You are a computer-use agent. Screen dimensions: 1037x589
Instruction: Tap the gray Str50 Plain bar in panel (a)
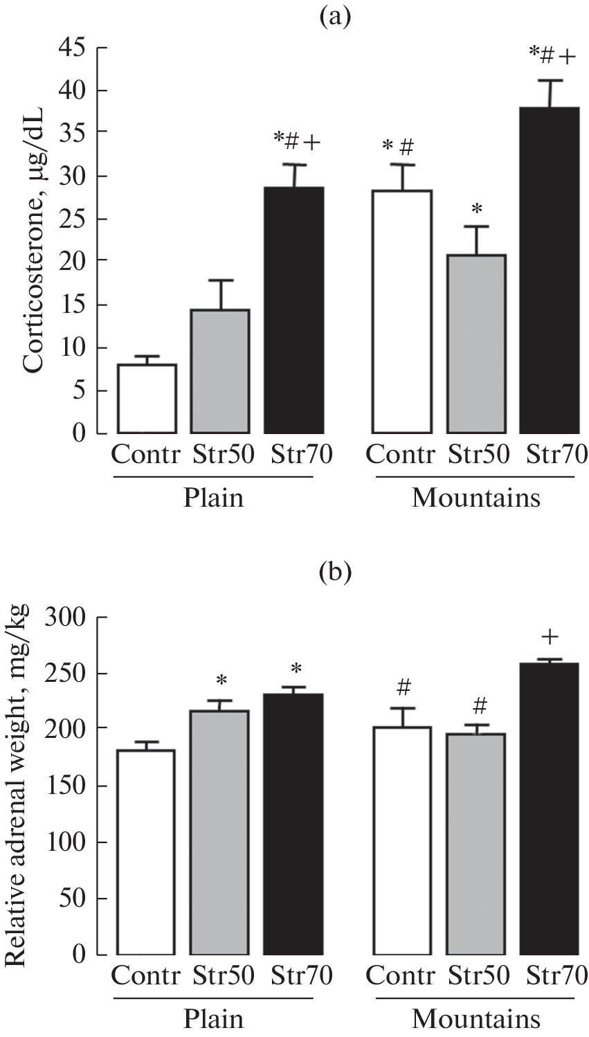(219, 371)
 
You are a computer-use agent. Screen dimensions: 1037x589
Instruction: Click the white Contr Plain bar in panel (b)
(146, 851)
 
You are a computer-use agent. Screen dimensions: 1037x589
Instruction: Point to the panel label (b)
(336, 572)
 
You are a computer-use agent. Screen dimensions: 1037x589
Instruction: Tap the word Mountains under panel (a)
(475, 498)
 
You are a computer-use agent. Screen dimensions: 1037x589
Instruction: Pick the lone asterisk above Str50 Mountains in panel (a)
(476, 209)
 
